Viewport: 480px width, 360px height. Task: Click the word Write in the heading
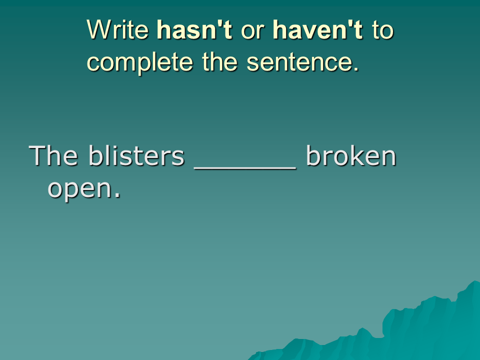[118, 29]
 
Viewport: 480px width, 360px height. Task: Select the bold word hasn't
[194, 29]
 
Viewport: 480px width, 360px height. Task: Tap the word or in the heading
[252, 32]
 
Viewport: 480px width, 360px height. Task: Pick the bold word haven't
[318, 29]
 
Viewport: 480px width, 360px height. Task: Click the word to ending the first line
[382, 30]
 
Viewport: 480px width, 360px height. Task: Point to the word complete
[140, 63]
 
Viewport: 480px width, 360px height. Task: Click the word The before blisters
[53, 155]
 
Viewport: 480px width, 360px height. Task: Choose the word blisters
[136, 155]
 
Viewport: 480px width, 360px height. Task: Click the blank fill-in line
[245, 167]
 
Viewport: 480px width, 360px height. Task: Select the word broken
[351, 155]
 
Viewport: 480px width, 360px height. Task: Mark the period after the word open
[117, 195]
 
